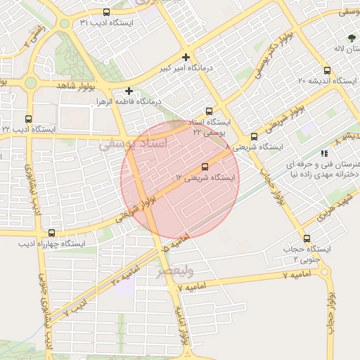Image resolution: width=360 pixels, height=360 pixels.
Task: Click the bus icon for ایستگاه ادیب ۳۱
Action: tap(106, 12)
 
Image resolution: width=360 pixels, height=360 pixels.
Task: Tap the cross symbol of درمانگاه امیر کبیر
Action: tap(186, 57)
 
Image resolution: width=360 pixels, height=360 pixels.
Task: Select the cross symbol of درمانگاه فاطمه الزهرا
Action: tap(129, 91)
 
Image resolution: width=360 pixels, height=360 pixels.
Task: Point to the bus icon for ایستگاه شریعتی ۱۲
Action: tap(205, 167)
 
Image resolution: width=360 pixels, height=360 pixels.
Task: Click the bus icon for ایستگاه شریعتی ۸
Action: tap(254, 136)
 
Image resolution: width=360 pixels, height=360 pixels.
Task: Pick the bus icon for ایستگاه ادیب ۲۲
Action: tap(28, 119)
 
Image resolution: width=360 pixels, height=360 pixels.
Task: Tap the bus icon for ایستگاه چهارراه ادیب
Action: tap(51, 233)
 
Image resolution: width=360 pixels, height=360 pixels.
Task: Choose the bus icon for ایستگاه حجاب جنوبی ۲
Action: tap(307, 238)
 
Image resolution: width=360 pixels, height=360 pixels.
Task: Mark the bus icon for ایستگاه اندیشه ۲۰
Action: tap(327, 70)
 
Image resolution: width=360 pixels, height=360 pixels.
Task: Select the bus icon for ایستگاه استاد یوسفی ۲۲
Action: tap(209, 111)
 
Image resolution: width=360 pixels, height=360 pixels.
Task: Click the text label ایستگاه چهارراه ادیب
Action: tap(51, 244)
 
